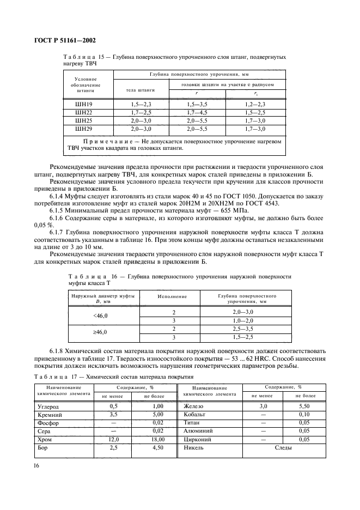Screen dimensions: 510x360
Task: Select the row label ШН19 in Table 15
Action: pyautogui.click(x=84, y=103)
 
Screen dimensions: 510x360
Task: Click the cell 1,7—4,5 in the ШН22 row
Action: pyautogui.click(x=198, y=112)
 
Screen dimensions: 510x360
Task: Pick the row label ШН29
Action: pyautogui.click(x=84, y=129)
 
